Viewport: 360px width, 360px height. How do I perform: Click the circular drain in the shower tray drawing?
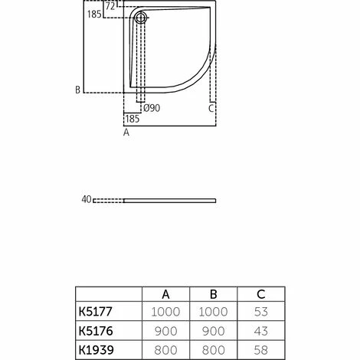pos(141,18)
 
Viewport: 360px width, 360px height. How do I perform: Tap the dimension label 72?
pos(110,5)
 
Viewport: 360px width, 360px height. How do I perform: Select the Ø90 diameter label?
pos(152,107)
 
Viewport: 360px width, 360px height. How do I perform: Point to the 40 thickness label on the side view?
pos(87,200)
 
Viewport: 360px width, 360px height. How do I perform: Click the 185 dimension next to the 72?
pos(94,15)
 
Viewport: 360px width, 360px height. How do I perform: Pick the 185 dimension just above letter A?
pos(132,119)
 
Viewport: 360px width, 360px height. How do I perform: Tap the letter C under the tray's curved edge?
pos(211,108)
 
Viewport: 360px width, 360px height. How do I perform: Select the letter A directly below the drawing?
pos(126,133)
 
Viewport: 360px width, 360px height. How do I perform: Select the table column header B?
pos(214,293)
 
